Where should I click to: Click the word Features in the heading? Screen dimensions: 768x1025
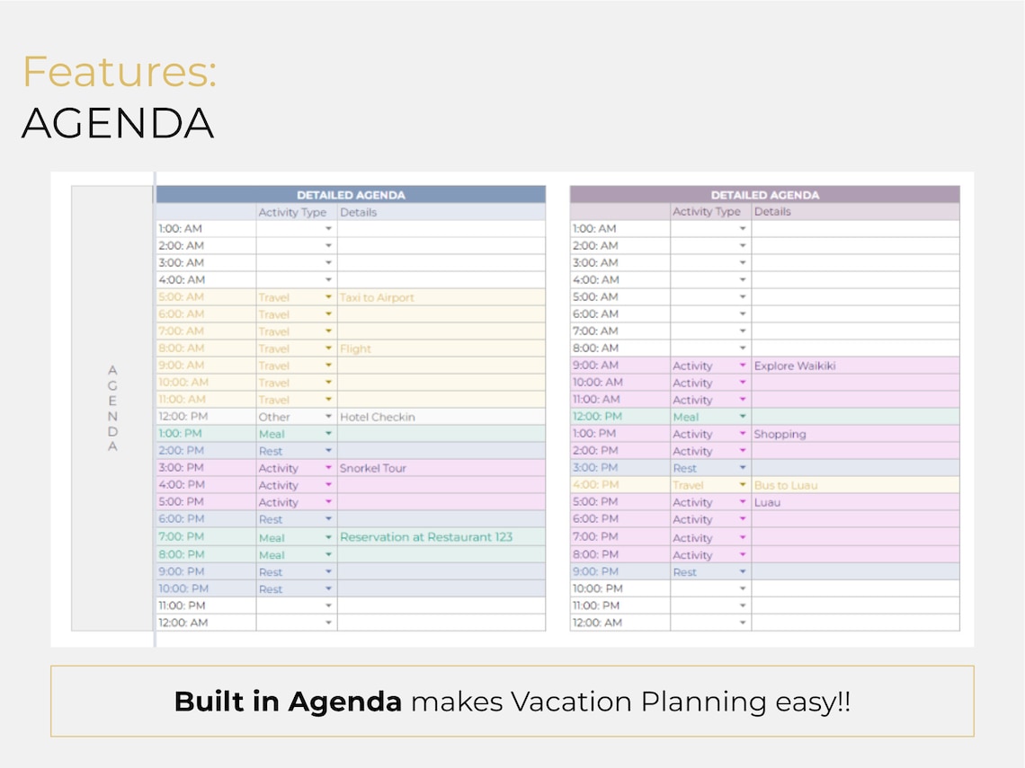click(x=119, y=72)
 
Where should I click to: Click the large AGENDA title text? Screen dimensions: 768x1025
click(x=118, y=123)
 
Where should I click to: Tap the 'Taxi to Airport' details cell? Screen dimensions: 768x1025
click(x=377, y=297)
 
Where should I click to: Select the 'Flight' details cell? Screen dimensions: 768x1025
click(x=356, y=349)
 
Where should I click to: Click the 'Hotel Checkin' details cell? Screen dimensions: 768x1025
click(x=378, y=417)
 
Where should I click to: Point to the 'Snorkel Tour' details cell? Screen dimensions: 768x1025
click(x=373, y=468)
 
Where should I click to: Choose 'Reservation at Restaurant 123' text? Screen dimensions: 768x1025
click(x=426, y=537)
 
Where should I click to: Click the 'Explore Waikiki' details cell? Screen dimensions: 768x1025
click(x=795, y=366)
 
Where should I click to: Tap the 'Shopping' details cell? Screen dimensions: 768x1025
click(x=780, y=434)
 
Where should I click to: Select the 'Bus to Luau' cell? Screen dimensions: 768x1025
click(x=786, y=485)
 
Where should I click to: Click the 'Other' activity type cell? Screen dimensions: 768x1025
click(x=274, y=417)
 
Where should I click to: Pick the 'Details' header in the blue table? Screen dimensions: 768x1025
click(x=358, y=213)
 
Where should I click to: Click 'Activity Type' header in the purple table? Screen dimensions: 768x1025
click(x=707, y=212)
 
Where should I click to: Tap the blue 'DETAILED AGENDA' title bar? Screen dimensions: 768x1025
click(x=351, y=194)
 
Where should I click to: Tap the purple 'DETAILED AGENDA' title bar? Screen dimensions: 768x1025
click(x=764, y=194)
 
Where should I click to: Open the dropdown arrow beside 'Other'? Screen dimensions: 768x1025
click(x=329, y=417)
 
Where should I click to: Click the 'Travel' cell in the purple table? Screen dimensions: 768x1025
click(x=688, y=485)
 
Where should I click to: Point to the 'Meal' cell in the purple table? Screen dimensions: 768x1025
click(x=686, y=417)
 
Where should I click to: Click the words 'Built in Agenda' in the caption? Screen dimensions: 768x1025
click(x=288, y=702)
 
